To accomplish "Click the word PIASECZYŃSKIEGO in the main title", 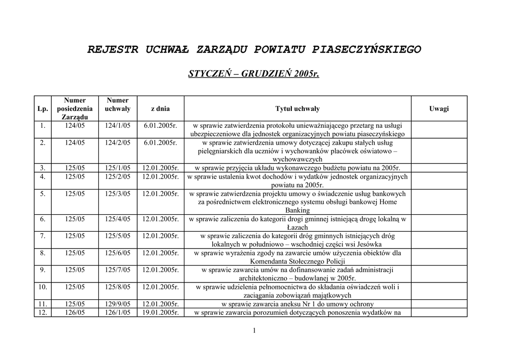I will (366, 50).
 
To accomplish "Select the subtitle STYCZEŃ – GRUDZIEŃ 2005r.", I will (254, 74).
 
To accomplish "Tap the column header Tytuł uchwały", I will (297, 109).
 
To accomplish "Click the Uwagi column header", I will (439, 109).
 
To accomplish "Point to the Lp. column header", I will (43, 109).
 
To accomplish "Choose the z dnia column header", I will (161, 109).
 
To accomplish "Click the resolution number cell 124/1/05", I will (118, 126).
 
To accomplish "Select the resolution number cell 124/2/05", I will (118, 143).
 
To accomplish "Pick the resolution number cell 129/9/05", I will (118, 304).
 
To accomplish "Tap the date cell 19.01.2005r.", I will (161, 313).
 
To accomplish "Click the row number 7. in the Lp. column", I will (43, 236).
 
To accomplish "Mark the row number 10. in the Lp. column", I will (43, 287).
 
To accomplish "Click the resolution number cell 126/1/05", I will (118, 313).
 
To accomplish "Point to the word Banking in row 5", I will (297, 210).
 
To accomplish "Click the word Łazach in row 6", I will (297, 227).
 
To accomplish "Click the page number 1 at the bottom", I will (254, 331).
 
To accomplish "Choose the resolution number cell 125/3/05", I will (118, 193).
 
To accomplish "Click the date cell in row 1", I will (161, 126).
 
